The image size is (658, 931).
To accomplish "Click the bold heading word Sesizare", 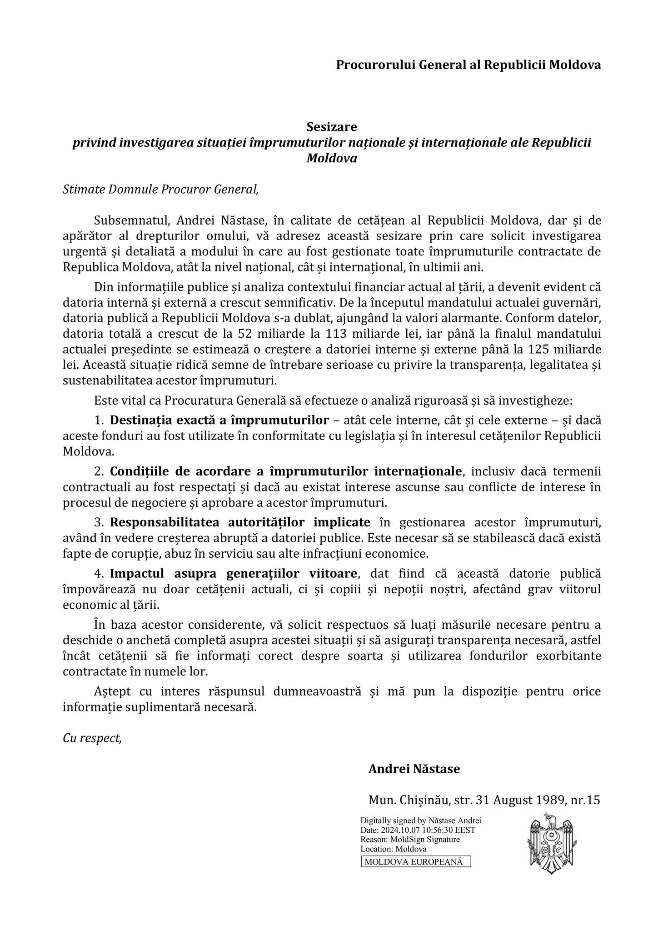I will [331, 126].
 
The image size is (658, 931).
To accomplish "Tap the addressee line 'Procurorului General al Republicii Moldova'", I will [468, 65].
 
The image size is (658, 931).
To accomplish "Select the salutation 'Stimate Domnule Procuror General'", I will [160, 189].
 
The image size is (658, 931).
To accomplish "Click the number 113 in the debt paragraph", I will [336, 334].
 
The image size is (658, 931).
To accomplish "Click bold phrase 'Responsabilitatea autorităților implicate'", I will [240, 522].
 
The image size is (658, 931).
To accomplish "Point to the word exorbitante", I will [568, 656].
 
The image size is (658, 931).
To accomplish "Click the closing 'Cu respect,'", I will [92, 738].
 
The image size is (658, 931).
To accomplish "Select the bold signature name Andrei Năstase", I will [414, 769].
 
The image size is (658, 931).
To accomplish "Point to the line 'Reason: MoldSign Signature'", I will [410, 839].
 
